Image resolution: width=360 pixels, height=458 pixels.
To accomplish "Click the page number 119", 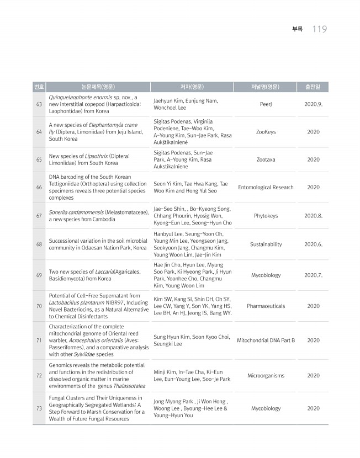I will click(320, 29).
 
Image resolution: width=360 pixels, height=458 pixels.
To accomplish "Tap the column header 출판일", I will click(313, 87).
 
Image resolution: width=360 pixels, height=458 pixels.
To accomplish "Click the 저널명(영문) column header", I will click(266, 87).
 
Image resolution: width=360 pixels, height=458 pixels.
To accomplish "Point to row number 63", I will click(39, 104).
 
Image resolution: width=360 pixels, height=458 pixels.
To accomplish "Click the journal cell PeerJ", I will click(266, 104).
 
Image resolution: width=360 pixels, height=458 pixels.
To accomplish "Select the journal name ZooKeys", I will click(266, 132).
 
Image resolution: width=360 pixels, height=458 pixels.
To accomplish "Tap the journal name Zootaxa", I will click(266, 159).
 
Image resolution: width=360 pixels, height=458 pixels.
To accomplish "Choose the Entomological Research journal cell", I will click(266, 187).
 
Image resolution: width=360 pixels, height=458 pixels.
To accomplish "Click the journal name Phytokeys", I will click(266, 216).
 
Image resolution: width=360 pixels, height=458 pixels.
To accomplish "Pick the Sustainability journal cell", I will click(266, 244).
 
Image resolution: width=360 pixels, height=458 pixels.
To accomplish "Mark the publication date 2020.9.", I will click(313, 104).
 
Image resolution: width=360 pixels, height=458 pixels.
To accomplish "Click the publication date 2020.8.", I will click(313, 216).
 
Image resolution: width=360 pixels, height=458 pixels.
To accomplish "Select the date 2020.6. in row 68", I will click(313, 244).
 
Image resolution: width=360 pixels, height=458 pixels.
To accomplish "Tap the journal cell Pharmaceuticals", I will click(266, 306).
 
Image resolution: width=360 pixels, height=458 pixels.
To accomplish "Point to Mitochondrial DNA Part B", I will click(266, 340).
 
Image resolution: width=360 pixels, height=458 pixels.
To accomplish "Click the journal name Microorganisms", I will click(266, 375).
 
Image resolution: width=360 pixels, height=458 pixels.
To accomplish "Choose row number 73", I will click(39, 408).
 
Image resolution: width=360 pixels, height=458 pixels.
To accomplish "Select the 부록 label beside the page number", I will click(297, 29).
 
